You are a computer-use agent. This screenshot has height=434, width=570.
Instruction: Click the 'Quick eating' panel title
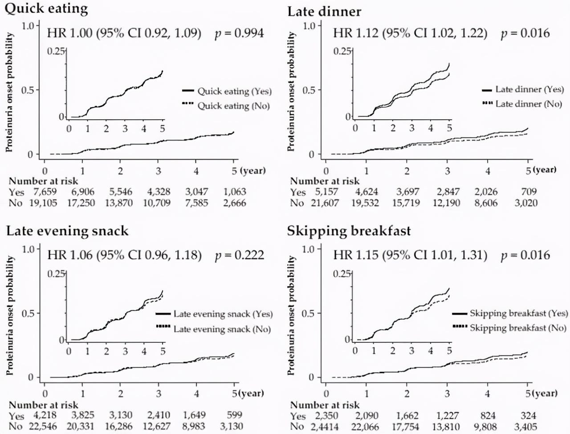pos(47,9)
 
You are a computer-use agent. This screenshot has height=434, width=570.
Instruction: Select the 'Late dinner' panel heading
pos(324,11)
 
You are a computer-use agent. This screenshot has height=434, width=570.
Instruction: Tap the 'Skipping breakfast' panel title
pos(349,231)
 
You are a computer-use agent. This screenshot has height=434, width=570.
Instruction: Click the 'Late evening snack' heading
pos(67,231)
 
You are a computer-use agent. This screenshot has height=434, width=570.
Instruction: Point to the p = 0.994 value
pos(240,33)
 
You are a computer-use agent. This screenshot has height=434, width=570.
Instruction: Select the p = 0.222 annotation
pos(240,255)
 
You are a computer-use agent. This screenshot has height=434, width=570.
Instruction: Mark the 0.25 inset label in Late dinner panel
pos(342,51)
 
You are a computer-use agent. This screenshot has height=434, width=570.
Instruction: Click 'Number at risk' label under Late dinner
pos(325,181)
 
